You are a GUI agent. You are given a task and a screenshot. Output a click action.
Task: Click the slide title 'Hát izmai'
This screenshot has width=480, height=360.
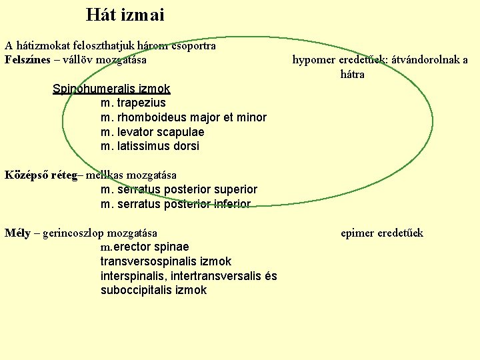125,15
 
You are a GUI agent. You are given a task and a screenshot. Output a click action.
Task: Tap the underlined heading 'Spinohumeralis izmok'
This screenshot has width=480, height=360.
111,89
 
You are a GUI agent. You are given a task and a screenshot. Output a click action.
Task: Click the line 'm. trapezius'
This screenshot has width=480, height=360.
133,103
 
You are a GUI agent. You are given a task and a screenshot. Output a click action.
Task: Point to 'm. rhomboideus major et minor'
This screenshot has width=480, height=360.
183,118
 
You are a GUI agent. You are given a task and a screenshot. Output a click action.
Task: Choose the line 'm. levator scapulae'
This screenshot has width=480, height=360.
152,132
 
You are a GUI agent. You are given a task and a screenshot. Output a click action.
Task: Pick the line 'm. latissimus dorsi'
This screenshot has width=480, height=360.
149,146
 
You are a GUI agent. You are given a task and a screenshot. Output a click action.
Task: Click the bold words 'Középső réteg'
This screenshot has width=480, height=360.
41,175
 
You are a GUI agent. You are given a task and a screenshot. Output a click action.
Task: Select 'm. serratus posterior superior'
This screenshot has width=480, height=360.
178,189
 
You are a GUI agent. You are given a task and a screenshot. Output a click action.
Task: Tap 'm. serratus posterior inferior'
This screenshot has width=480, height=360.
175,204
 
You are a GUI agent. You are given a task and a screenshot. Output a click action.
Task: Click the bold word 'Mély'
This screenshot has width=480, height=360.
17,233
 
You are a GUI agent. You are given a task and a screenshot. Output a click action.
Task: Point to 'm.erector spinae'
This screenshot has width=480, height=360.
145,247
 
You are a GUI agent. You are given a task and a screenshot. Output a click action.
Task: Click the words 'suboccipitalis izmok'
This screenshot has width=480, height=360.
153,290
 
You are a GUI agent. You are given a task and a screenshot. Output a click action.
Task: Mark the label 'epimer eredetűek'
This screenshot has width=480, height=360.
381,233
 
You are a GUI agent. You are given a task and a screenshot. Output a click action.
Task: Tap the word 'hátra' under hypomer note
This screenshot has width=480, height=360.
352,74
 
